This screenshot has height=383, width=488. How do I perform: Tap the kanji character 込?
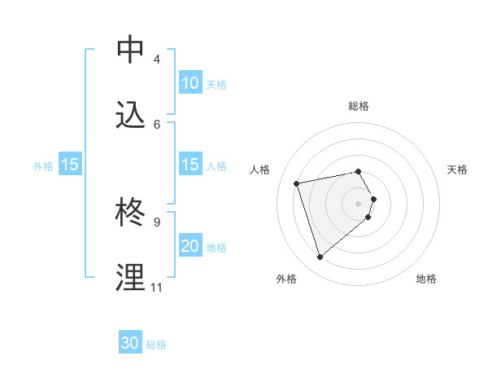pos(131,115)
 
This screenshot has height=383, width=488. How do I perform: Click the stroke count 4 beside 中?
pos(156,59)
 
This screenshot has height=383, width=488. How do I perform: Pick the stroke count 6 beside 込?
pos(156,124)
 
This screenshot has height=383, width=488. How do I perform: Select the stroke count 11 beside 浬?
pos(156,288)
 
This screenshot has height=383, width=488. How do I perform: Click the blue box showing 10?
pos(190,83)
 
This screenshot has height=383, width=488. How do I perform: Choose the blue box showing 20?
pos(190,246)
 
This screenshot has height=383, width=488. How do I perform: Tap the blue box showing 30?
pos(130,343)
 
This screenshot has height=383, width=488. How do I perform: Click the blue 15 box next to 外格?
pos(69,165)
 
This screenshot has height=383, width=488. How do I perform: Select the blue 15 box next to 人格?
pos(190,165)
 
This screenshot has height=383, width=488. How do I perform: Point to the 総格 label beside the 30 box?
pos(156,345)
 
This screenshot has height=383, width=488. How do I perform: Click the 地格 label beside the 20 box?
pos(216,248)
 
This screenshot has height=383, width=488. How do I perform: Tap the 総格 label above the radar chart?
pos(358,106)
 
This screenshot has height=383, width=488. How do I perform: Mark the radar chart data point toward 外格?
pos(320,258)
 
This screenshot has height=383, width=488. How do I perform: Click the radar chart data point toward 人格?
pos(297,183)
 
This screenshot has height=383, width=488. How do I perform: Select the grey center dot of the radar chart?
pos(358,202)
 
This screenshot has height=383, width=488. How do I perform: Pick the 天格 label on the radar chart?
pos(457,169)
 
